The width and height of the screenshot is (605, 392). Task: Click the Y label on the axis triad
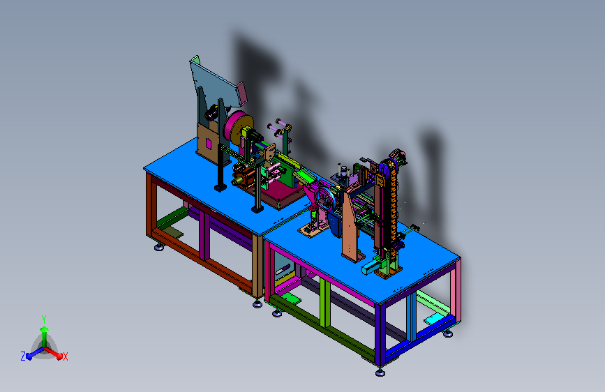click(44, 319)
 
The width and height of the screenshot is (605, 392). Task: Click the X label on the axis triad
click(65, 357)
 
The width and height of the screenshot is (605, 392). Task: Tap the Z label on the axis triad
click(23, 356)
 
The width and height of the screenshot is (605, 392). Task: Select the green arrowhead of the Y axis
click(45, 329)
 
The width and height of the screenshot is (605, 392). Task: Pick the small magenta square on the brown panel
click(209, 144)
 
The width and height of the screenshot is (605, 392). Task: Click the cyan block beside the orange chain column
click(371, 266)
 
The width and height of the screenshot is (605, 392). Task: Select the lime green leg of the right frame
click(324, 303)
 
